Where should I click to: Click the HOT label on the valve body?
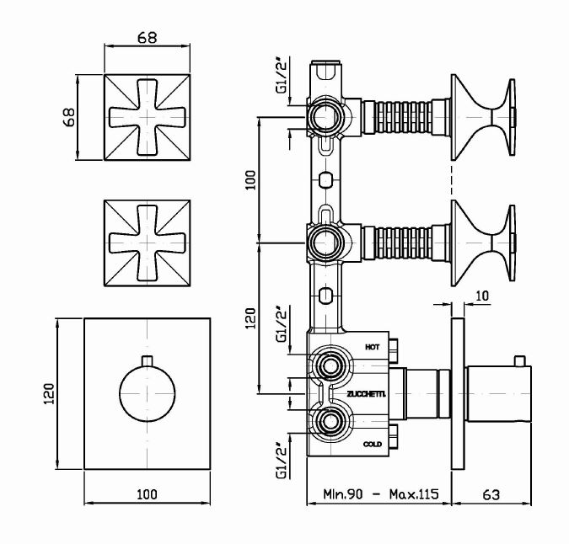click(x=372, y=346)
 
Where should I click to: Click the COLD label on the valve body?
click(x=372, y=444)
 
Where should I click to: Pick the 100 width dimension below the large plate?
click(x=148, y=495)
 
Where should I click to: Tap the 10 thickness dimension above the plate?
click(x=482, y=295)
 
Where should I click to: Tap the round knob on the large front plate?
click(x=148, y=392)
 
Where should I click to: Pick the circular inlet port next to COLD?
click(x=327, y=419)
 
